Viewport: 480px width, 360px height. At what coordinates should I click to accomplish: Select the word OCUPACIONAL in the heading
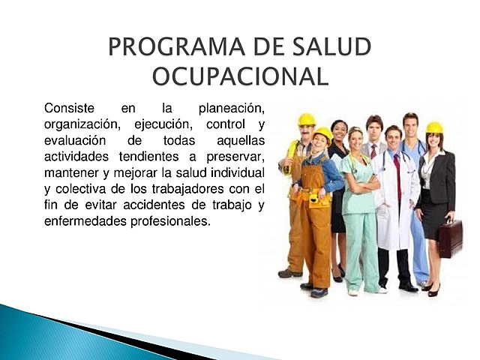coord(240,76)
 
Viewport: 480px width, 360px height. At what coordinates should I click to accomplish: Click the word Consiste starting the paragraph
coord(70,108)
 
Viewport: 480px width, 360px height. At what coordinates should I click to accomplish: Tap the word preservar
coord(235,157)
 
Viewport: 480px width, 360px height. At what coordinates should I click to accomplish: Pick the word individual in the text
coord(239,173)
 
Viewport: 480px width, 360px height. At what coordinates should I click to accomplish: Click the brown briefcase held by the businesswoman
coord(451,238)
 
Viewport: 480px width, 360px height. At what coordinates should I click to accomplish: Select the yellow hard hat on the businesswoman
coord(434,127)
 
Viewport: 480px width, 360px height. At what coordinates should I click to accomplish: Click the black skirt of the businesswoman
coord(434,225)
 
